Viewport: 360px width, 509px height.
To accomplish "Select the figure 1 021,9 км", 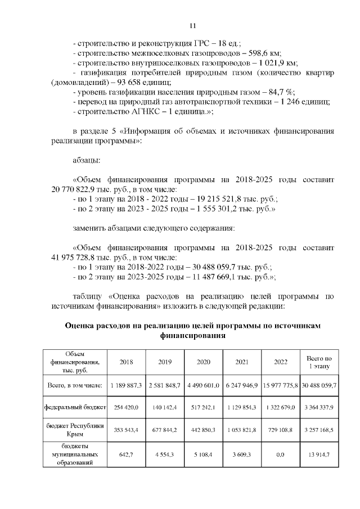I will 276,62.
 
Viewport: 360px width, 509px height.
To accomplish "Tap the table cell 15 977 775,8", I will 280,386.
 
